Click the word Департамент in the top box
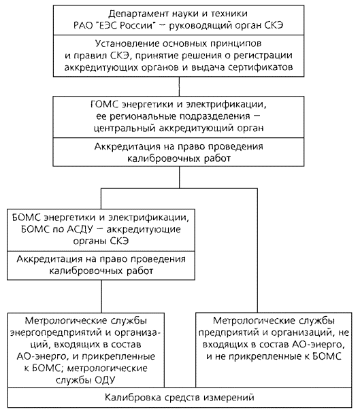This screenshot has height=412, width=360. coord(137,14)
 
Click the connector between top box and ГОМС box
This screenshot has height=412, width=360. coord(179,86)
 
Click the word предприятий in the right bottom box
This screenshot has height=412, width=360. coord(228,333)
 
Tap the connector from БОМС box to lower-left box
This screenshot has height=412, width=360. coord(101,296)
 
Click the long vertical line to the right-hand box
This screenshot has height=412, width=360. coord(257,250)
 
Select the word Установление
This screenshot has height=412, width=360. coord(127,44)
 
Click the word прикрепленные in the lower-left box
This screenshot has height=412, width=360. coord(118,356)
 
